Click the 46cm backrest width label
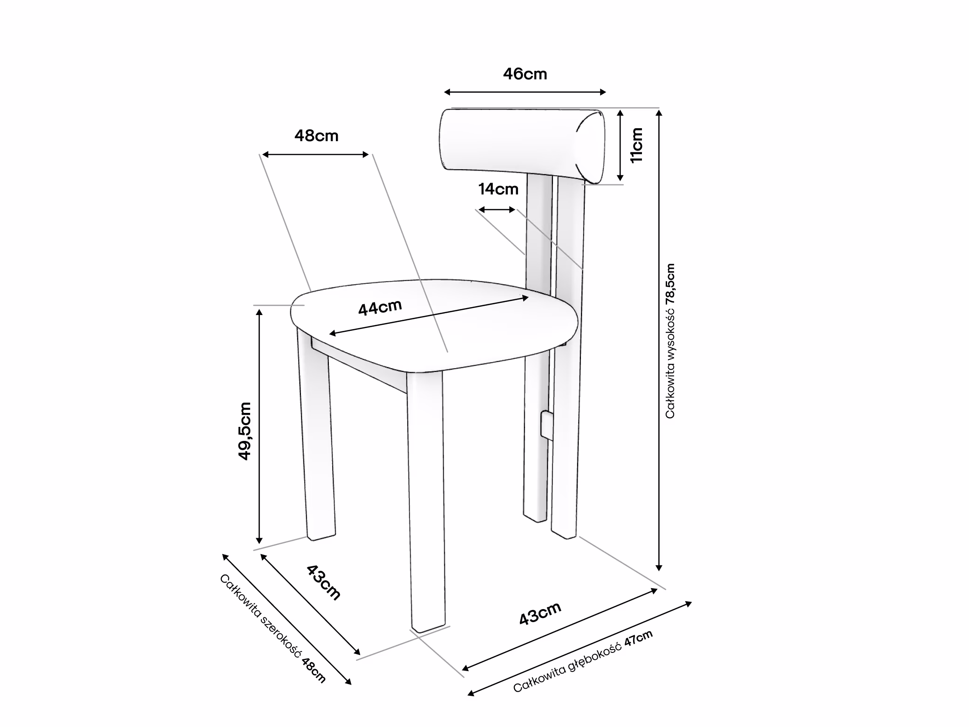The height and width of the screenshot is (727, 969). pyautogui.click(x=525, y=74)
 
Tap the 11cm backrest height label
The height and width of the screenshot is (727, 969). pyautogui.click(x=636, y=144)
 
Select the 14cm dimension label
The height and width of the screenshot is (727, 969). pyautogui.click(x=498, y=189)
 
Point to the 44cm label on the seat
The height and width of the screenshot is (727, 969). pyautogui.click(x=380, y=307)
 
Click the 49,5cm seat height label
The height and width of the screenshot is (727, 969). pyautogui.click(x=245, y=431)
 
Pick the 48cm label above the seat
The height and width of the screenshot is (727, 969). pyautogui.click(x=316, y=136)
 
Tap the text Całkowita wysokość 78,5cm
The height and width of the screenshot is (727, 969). pyautogui.click(x=670, y=341)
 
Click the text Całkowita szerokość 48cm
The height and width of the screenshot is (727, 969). pyautogui.click(x=273, y=629)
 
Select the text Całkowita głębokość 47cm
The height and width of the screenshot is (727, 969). pyautogui.click(x=583, y=661)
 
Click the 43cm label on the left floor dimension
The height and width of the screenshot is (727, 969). pyautogui.click(x=323, y=583)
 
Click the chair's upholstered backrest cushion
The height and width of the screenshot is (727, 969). pyautogui.click(x=522, y=145)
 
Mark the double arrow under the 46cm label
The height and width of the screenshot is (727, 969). pyautogui.click(x=525, y=92)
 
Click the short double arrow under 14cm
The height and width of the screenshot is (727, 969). pyautogui.click(x=497, y=210)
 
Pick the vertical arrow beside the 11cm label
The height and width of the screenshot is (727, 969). pyautogui.click(x=620, y=145)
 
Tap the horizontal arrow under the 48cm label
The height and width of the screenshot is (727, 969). pyautogui.click(x=315, y=155)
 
